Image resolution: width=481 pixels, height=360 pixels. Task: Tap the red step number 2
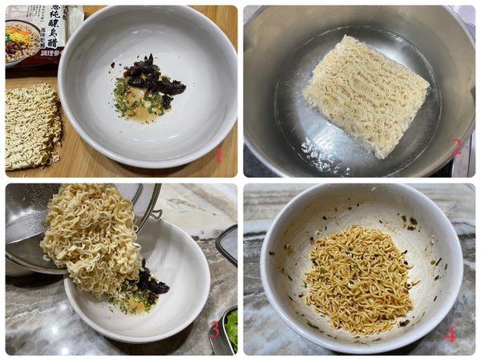456,146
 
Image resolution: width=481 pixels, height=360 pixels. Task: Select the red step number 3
214,329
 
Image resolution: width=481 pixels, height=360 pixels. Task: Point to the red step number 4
449,334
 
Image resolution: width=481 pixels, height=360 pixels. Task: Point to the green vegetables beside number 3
232,329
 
